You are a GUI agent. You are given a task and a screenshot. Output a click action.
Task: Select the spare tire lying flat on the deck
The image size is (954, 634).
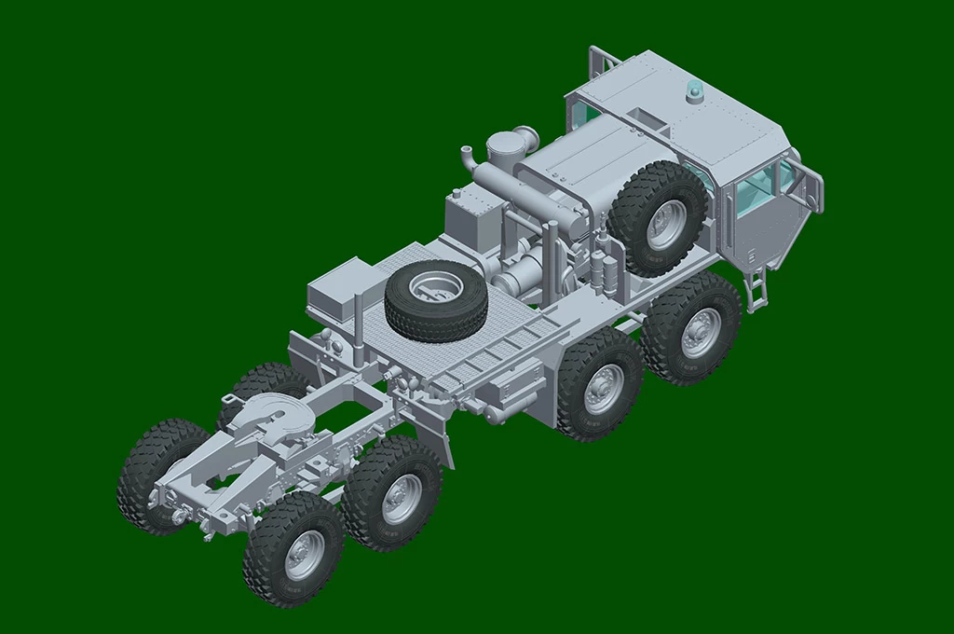pos(435,300)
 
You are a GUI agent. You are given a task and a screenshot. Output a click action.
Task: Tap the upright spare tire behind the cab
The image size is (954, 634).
pos(657,219)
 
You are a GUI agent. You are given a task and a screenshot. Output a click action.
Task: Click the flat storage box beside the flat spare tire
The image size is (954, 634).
pos(339,289)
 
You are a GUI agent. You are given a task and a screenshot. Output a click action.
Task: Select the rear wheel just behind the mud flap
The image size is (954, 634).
pos(392,494)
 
